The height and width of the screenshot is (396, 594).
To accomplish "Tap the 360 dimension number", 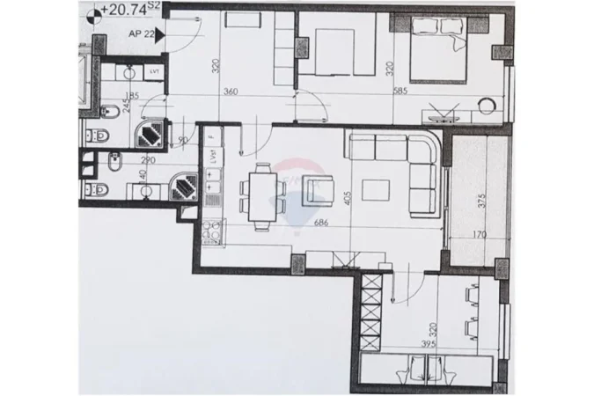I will pos(231,91).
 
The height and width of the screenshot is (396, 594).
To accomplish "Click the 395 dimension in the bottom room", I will pos(428,345).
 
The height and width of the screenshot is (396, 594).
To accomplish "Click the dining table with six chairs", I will pos(260,194).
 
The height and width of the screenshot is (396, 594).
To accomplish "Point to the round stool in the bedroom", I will pos(488,106).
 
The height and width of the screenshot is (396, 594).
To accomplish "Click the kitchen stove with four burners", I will pos(213,231).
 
